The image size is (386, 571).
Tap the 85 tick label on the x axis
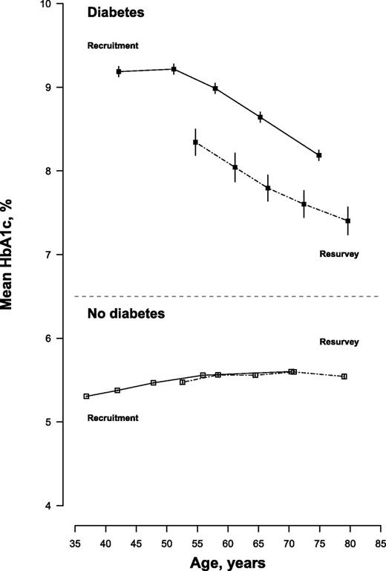(x=380, y=532)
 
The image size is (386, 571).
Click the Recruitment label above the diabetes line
(x=113, y=45)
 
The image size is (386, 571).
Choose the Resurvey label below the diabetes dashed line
(x=339, y=254)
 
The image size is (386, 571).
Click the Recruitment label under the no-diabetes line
(x=113, y=418)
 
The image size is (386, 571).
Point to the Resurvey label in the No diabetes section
(x=339, y=342)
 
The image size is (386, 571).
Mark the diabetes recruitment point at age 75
(x=319, y=155)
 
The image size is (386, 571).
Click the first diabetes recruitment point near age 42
(x=119, y=71)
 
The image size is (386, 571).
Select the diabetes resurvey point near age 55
(x=196, y=142)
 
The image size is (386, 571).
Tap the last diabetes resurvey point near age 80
(x=347, y=221)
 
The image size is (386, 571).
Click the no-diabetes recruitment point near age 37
(x=87, y=397)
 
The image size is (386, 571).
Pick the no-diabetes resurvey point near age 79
(x=344, y=376)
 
